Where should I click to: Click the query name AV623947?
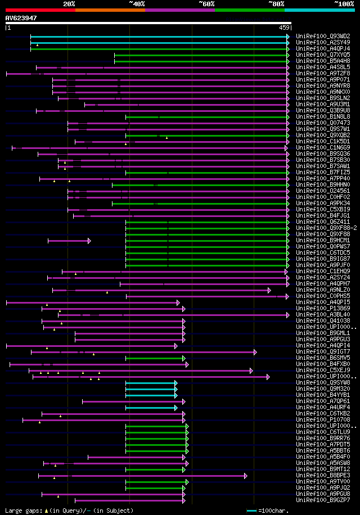(x=21, y=18)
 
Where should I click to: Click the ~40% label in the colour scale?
(x=137, y=4)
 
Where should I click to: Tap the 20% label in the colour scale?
(x=69, y=4)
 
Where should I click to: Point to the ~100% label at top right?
(x=344, y=4)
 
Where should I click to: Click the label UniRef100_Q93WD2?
(x=323, y=36)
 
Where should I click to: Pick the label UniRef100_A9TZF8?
(x=323, y=73)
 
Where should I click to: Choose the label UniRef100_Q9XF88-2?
(x=326, y=228)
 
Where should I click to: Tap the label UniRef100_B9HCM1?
(x=323, y=240)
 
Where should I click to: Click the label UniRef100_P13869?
(x=323, y=308)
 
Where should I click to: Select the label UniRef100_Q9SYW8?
(x=323, y=382)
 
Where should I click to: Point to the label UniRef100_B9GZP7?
(x=323, y=500)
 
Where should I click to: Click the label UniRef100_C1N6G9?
(x=323, y=147)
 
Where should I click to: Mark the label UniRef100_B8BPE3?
(x=323, y=475)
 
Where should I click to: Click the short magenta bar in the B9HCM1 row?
(x=68, y=241)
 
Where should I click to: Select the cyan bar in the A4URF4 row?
(x=151, y=408)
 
